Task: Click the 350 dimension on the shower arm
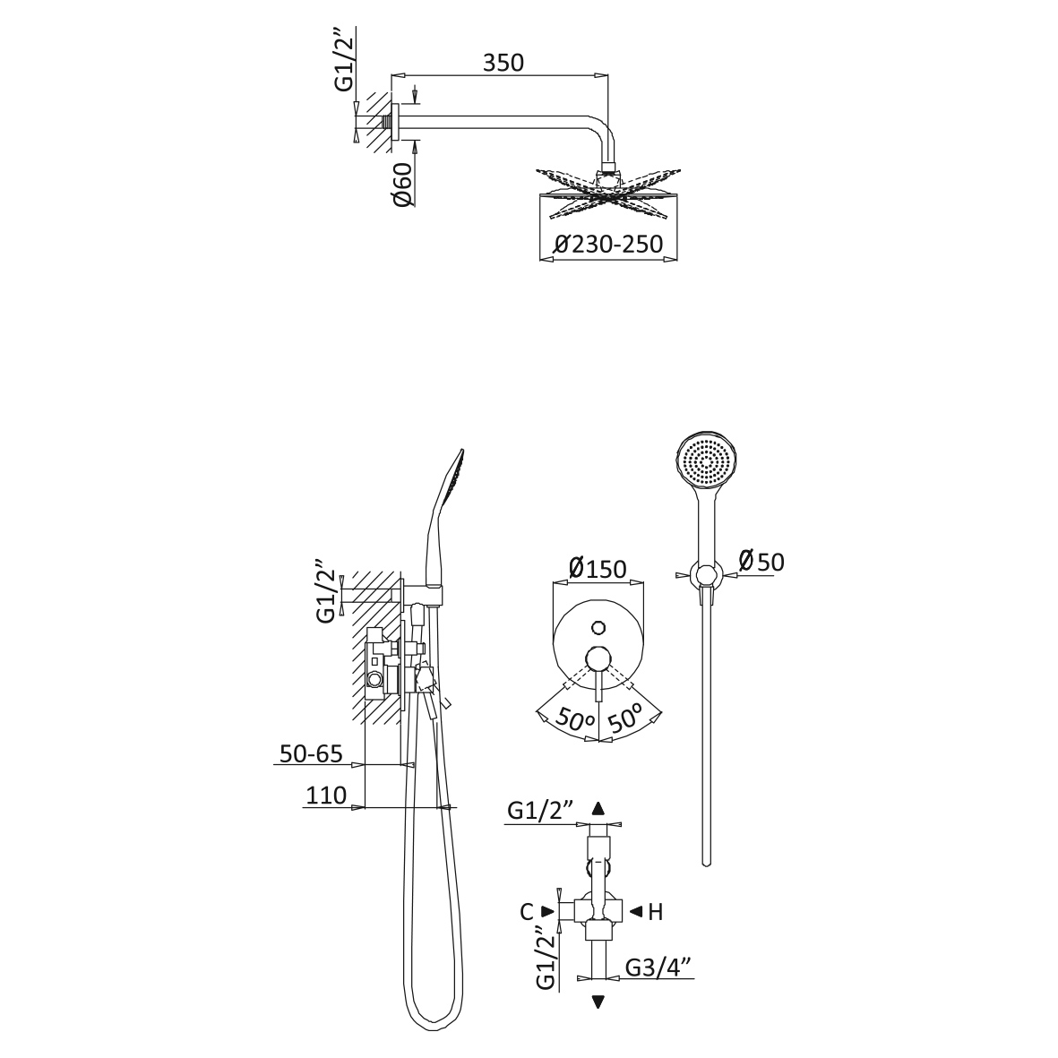coord(503,63)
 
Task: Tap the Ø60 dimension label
coord(403,185)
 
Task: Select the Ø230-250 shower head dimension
coord(608,244)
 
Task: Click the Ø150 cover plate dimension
coord(598,568)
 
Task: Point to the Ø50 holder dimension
coord(761,561)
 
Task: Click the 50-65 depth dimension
coord(311,753)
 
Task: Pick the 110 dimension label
coord(326,796)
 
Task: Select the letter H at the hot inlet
coord(656,912)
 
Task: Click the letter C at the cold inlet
coord(527,912)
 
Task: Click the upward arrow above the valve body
coord(598,809)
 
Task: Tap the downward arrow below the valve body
coord(598,1002)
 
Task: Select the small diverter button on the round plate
coord(598,628)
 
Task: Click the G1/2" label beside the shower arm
coord(345,60)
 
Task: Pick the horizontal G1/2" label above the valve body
coord(540,809)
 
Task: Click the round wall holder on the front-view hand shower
coord(707,575)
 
